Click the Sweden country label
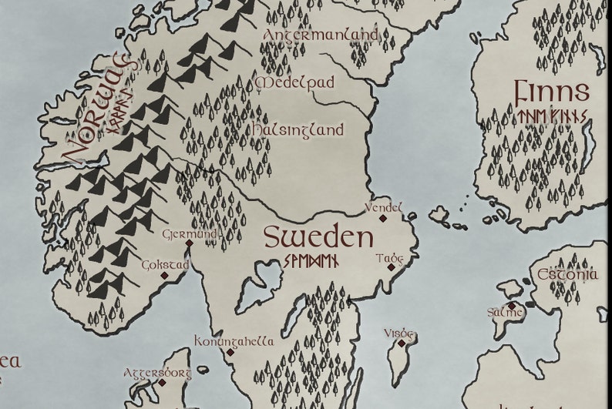[318, 236]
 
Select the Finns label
[553, 92]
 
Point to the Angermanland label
[321, 35]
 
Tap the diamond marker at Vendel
[383, 219]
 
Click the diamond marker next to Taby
[392, 268]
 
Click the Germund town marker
[189, 243]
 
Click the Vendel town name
[383, 207]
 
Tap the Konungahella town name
[234, 340]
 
